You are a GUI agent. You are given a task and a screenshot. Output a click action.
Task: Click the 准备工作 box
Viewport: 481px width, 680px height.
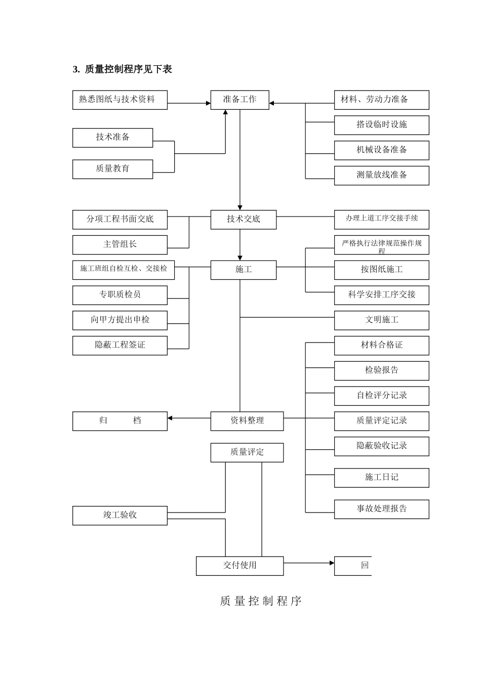coord(239,100)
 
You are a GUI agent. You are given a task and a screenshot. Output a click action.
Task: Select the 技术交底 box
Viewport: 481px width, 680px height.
coord(243,219)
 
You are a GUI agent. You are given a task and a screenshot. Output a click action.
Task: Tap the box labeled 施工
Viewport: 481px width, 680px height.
coord(243,270)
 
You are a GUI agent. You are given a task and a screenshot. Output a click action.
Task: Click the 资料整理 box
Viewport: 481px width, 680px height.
coord(247,421)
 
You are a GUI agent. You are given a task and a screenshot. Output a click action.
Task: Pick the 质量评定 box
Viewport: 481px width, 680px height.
coord(247,452)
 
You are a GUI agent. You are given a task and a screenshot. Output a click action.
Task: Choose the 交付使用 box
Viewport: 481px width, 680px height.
coord(239,566)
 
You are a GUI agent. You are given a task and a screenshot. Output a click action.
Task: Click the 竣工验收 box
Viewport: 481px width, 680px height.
coord(119,515)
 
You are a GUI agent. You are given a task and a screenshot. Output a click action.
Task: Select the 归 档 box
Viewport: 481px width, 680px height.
coord(119,421)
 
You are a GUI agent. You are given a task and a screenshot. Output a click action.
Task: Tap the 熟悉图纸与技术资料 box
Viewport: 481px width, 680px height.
coord(119,100)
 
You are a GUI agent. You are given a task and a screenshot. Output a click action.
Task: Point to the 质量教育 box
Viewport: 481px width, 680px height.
coord(112,169)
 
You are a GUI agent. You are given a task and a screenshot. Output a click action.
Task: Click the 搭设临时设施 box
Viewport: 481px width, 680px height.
coord(381,125)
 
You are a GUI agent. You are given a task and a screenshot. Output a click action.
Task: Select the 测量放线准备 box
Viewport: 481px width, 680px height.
coord(381,175)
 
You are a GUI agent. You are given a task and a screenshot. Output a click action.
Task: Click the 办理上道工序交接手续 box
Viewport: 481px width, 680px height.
coord(381,219)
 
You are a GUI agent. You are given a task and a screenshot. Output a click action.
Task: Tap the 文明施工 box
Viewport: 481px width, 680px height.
coord(381,320)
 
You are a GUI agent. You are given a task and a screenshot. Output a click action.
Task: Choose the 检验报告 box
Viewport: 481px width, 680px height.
coord(381,370)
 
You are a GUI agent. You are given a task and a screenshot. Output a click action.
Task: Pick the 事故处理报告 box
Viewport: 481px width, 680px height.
coord(381,509)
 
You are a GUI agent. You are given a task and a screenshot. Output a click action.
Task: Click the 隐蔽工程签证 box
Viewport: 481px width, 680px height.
coord(119,345)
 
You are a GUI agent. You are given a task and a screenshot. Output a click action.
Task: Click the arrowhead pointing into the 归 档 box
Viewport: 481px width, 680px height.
coord(170,418)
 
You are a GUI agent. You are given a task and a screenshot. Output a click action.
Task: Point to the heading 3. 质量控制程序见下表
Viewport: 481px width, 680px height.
coord(123,69)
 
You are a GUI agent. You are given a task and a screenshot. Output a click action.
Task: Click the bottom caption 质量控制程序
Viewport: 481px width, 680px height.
coord(261,601)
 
